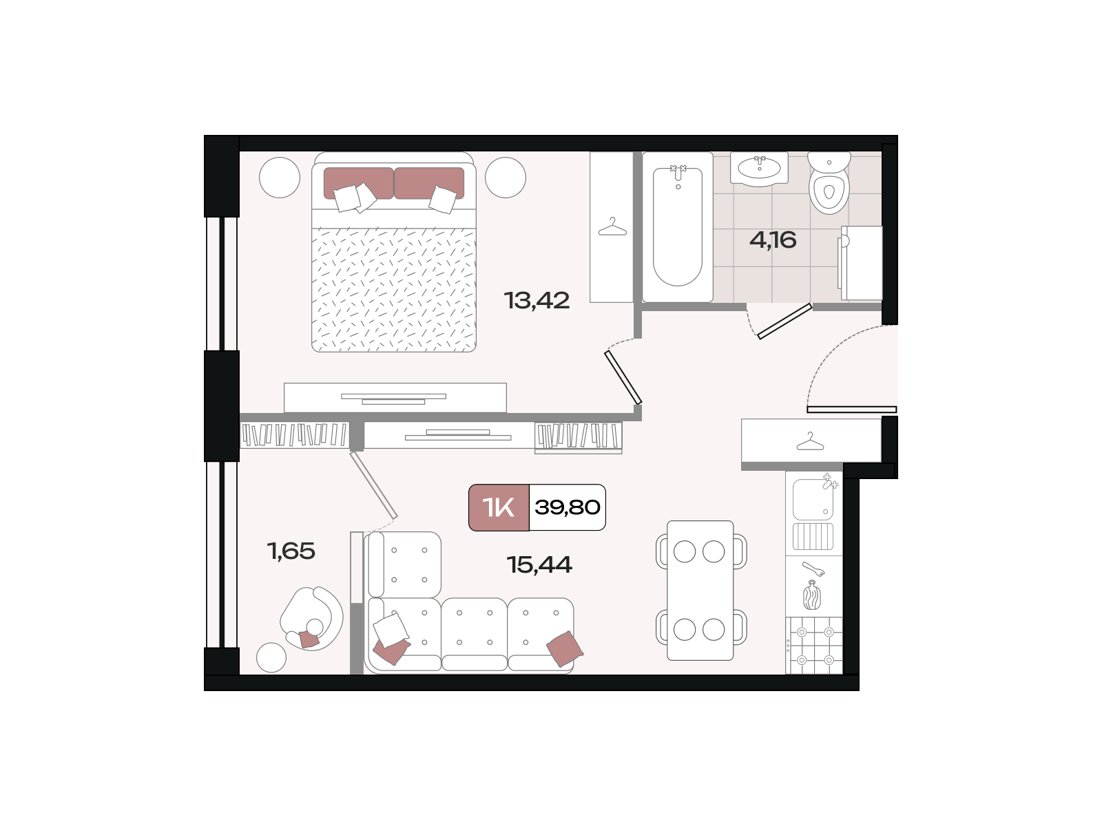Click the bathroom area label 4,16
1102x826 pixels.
pyautogui.click(x=773, y=240)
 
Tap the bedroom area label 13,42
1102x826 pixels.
pyautogui.click(x=537, y=300)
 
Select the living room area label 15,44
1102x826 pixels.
pyautogui.click(x=539, y=564)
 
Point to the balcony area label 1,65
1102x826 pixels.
pyautogui.click(x=291, y=551)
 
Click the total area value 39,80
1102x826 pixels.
pyautogui.click(x=568, y=507)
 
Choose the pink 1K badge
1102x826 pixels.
pyautogui.click(x=499, y=507)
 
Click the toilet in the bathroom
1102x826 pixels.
pyautogui.click(x=829, y=182)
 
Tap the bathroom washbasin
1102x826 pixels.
pyautogui.click(x=759, y=169)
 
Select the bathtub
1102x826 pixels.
pyautogui.click(x=678, y=227)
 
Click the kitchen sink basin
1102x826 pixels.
pyautogui.click(x=813, y=500)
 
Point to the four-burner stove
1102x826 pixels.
pyautogui.click(x=814, y=646)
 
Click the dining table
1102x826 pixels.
pyautogui.click(x=700, y=591)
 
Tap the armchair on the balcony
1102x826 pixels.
pyautogui.click(x=311, y=619)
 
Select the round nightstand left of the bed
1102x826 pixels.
pyautogui.click(x=280, y=178)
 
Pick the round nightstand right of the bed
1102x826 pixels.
pyautogui.click(x=506, y=178)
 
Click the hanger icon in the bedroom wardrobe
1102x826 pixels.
pyautogui.click(x=612, y=226)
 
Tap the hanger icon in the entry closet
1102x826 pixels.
pyautogui.click(x=810, y=441)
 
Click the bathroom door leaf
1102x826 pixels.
pyautogui.click(x=784, y=321)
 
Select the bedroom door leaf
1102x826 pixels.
pyautogui.click(x=623, y=378)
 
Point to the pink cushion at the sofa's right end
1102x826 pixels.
pyautogui.click(x=565, y=649)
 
